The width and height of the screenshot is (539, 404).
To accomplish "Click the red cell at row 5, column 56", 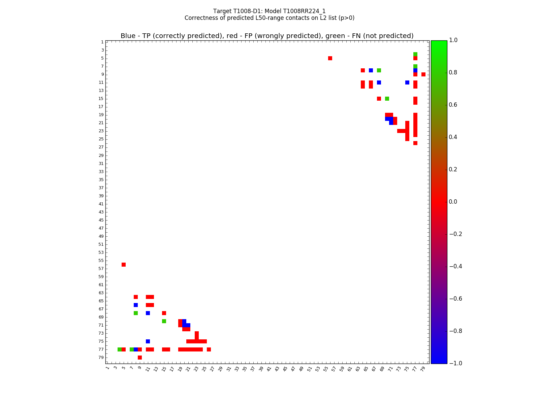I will tap(330, 58).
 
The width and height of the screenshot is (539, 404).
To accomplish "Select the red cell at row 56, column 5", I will tap(124, 265).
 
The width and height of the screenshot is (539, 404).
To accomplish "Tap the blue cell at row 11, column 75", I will tap(407, 82).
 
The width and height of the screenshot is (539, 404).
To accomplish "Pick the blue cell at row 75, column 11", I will tap(148, 341).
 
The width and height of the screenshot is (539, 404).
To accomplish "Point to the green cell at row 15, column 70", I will tap(387, 99).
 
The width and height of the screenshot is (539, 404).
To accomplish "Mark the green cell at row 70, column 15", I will tap(164, 321).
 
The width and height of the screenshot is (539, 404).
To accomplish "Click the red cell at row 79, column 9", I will tap(140, 358).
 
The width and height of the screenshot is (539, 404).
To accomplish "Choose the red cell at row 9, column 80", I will tap(423, 74).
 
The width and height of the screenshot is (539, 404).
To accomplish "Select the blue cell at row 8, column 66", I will tap(371, 70).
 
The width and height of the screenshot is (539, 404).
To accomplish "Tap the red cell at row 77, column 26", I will tap(209, 349).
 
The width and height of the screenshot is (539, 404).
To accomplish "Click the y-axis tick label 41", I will tap(101, 204).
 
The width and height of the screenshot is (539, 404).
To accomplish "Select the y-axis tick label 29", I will tap(101, 156).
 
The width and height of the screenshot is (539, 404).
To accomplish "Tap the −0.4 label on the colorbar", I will tap(455, 266).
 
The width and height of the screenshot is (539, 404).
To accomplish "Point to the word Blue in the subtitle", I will tap(128, 36).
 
